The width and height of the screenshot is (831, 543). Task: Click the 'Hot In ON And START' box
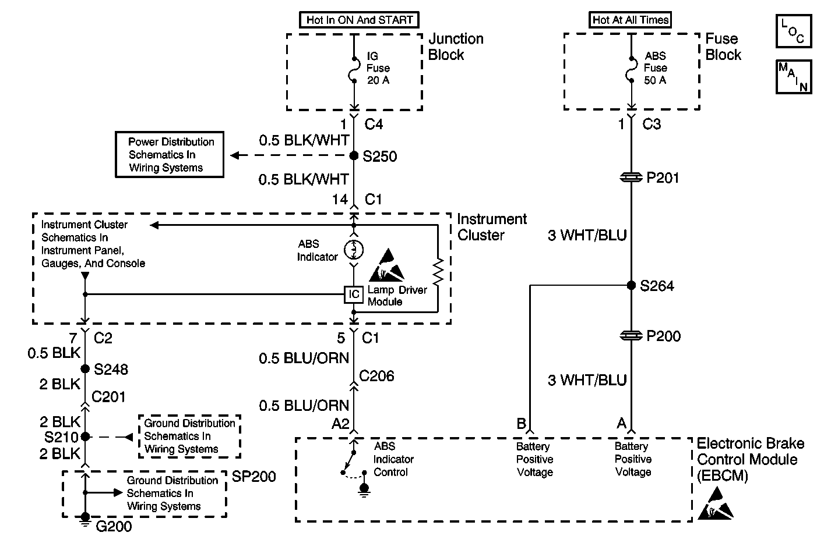[359, 20]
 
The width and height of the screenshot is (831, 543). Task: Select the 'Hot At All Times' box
[631, 20]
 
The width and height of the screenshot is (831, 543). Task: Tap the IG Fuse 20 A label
[378, 68]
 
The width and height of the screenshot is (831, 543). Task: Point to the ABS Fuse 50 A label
[655, 68]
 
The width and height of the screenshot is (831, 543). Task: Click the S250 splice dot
[354, 156]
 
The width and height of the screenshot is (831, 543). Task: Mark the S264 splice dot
[631, 285]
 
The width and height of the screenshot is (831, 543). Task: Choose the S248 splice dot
[85, 368]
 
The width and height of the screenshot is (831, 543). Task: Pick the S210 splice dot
[85, 436]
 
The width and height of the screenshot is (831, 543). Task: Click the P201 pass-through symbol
[631, 178]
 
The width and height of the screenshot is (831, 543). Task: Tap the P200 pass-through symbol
[631, 336]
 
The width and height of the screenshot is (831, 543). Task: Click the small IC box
[354, 294]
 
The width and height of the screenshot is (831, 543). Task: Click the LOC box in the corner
[793, 31]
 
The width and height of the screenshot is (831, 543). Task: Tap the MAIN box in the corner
[793, 76]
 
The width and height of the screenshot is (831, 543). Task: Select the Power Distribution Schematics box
[170, 155]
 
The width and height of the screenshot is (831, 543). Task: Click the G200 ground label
[114, 527]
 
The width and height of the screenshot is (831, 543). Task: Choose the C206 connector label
[376, 376]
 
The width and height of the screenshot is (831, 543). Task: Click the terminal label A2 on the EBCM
[340, 424]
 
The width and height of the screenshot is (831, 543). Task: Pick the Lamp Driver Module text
[397, 296]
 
